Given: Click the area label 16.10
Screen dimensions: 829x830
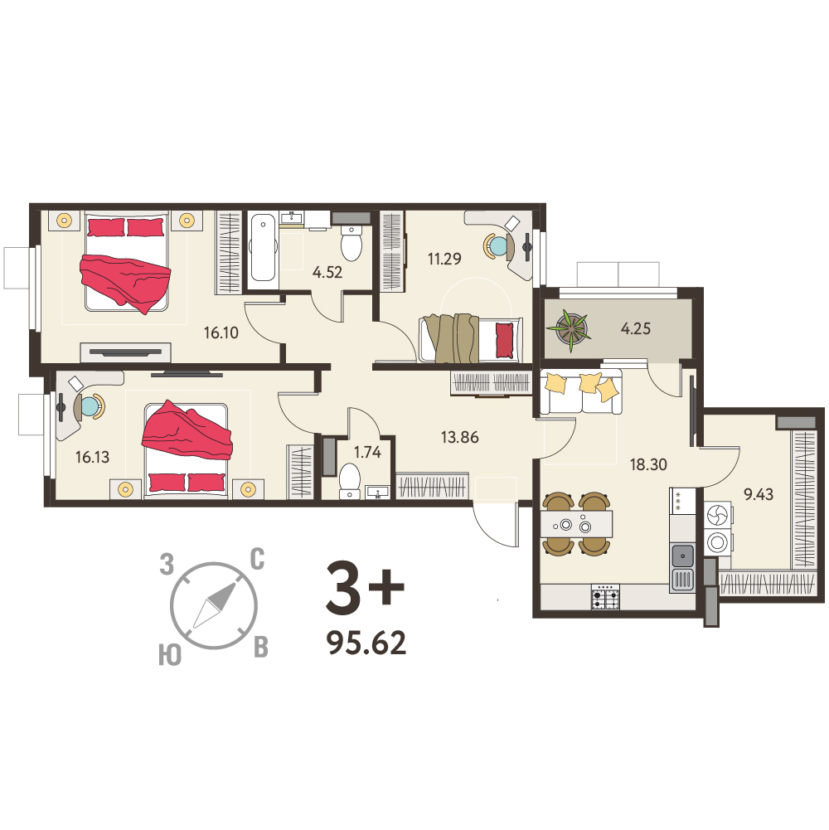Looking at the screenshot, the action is click(x=221, y=333).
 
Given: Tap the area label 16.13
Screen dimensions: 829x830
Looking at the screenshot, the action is click(x=92, y=457).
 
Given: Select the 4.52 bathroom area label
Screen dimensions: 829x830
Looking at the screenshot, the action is click(x=327, y=272).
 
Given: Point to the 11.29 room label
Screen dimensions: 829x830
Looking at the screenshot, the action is click(x=444, y=259).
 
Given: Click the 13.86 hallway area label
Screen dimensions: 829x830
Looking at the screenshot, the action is click(x=459, y=437).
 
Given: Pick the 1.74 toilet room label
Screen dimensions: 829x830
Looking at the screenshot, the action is click(x=367, y=452).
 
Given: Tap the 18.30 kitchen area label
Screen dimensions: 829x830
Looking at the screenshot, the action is click(x=648, y=465).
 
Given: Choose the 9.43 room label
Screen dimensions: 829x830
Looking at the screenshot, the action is click(x=758, y=494).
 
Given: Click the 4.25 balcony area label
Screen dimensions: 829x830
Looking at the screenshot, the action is click(x=635, y=328).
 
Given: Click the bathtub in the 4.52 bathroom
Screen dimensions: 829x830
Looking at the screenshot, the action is click(x=263, y=248).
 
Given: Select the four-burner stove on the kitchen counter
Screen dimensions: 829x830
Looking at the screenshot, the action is click(x=605, y=597).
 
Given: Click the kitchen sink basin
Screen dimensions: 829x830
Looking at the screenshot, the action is click(x=683, y=556).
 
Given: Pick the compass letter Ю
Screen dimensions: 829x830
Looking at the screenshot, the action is click(x=170, y=655).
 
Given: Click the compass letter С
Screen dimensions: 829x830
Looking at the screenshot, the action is click(x=257, y=559).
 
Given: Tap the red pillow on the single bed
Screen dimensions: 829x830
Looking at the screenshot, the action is click(x=505, y=340).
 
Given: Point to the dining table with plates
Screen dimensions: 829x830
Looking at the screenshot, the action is click(x=576, y=524).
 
